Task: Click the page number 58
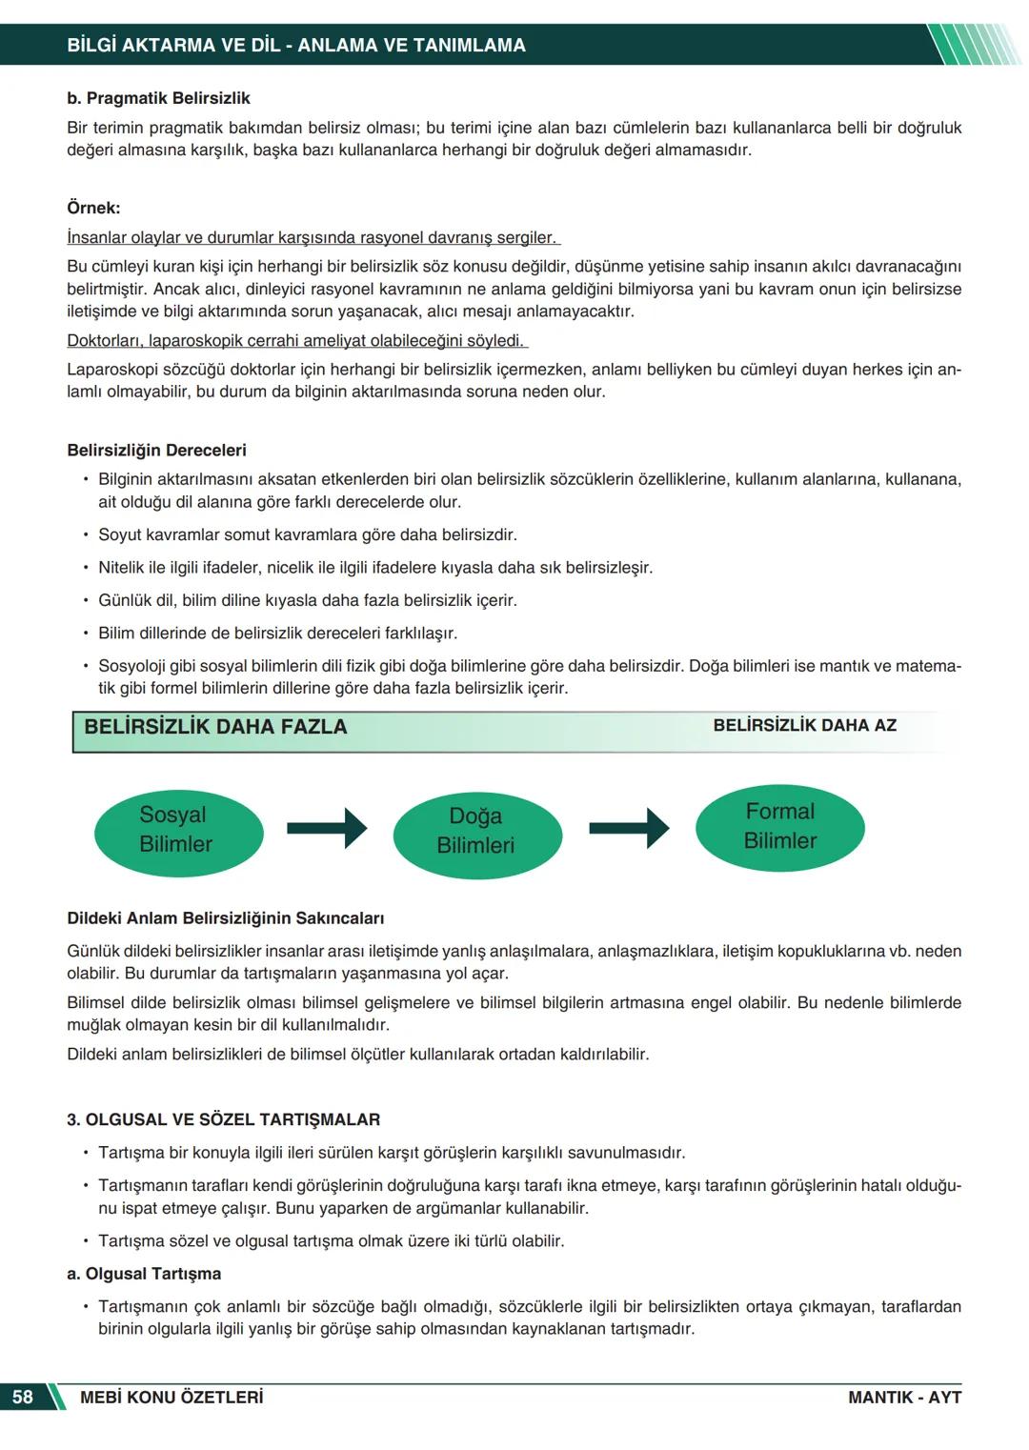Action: pos(22,1397)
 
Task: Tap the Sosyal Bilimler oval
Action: pos(178,829)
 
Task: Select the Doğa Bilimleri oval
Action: pos(476,831)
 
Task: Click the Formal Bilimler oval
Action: pos(779,826)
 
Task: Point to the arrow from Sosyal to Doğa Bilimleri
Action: pos(327,828)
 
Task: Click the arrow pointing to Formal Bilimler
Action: pos(629,828)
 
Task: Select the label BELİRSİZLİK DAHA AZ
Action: pos(804,725)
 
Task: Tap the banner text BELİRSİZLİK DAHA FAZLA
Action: pos(215,727)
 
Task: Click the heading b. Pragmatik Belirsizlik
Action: pos(158,98)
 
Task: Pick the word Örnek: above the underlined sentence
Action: pos(93,208)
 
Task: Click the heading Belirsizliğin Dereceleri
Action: pos(156,450)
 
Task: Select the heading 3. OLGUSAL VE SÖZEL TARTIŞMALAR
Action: pos(223,1119)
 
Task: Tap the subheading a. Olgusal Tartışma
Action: pos(143,1274)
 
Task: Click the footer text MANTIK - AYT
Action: pos(904,1397)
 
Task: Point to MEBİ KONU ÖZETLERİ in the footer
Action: pos(171,1397)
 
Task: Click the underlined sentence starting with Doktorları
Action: pos(297,340)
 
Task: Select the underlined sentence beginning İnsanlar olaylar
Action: pos(313,237)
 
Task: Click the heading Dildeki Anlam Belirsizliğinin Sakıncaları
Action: pos(225,918)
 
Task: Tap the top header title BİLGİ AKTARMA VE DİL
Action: pos(296,45)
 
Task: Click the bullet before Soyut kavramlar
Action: pos(85,534)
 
